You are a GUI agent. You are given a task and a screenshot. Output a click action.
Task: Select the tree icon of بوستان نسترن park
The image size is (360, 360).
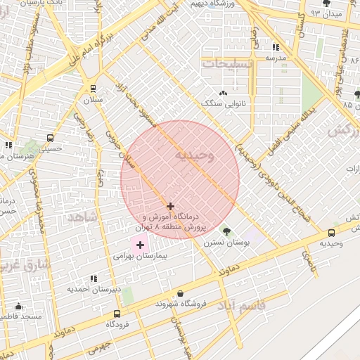tap(226, 231)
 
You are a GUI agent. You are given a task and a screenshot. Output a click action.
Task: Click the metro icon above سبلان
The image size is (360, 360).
tap(93, 88)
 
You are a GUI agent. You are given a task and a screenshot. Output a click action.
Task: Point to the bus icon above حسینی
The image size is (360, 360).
tap(49, 138)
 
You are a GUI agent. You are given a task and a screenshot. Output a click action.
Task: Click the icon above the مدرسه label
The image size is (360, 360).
tap(274, 47)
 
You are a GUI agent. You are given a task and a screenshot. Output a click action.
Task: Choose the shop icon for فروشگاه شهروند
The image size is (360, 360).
tap(181, 293)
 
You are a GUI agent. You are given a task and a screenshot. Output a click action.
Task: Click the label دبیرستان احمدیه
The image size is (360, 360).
tap(94, 289)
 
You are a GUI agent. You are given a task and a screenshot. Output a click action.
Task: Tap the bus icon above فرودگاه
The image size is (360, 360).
tap(117, 314)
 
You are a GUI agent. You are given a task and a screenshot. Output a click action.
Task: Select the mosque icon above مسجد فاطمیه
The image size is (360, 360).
tap(18, 307)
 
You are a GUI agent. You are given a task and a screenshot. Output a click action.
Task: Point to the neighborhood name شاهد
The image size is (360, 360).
tap(81, 217)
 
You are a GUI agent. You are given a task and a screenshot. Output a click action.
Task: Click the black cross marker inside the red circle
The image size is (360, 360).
tap(170, 206)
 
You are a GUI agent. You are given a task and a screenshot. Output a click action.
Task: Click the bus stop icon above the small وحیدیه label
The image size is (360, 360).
tap(331, 233)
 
